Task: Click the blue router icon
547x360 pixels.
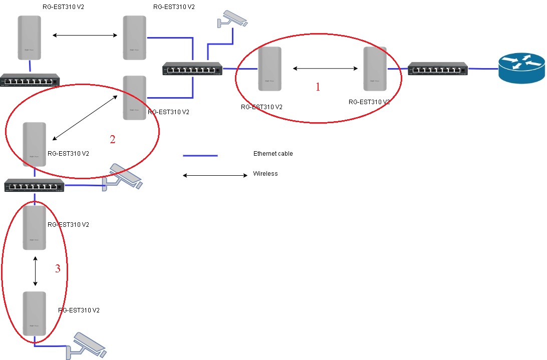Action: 521,68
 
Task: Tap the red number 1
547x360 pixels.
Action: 318,87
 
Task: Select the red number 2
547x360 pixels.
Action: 112,139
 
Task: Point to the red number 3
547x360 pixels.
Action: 58,268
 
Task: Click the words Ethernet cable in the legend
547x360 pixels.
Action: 273,154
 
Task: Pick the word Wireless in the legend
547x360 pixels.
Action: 265,174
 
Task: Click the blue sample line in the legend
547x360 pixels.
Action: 200,156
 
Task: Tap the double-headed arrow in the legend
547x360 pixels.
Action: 215,175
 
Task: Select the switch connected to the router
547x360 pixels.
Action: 438,69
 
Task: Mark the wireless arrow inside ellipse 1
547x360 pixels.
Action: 325,69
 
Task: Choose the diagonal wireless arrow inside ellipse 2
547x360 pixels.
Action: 85,118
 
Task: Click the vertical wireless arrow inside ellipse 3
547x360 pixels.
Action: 35,271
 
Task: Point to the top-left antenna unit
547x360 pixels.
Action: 29,38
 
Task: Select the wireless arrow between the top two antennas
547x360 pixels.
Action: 85,35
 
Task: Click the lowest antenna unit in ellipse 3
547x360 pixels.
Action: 34,313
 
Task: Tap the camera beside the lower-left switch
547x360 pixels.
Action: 122,177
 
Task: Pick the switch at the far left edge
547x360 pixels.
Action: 30,80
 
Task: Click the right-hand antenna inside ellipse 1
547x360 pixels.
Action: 375,69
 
